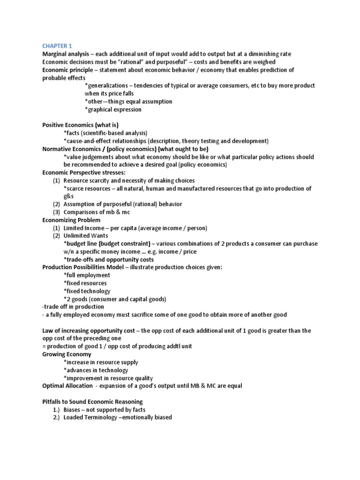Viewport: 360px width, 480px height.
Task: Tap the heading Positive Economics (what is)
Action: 80,125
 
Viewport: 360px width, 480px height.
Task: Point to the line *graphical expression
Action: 113,109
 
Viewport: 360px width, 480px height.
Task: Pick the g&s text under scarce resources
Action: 69,196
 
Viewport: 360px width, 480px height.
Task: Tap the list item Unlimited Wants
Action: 85,236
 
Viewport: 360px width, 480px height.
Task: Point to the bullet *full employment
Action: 87,275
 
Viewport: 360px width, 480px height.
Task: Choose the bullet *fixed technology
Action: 87,291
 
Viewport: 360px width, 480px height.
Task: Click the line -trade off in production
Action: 73,307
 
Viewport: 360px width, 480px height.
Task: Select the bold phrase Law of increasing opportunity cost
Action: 92,330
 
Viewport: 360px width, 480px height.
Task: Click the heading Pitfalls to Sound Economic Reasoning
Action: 92,402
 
